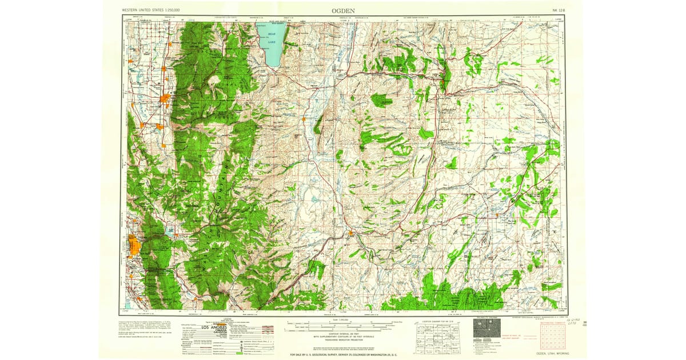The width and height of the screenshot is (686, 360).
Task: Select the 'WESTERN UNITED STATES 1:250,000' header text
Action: pos(151,10)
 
